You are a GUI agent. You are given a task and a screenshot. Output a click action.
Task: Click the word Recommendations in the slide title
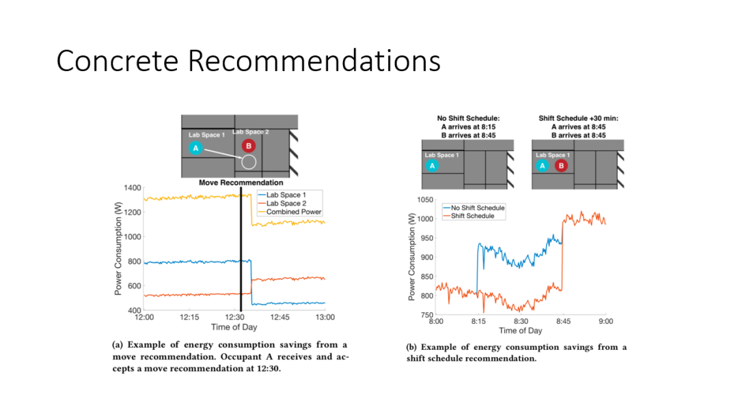[x=314, y=61]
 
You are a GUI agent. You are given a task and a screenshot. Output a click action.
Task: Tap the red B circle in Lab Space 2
[x=249, y=146]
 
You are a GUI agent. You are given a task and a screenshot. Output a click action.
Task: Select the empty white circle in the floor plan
[x=249, y=162]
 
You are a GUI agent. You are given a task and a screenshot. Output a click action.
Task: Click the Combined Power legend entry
[x=290, y=212]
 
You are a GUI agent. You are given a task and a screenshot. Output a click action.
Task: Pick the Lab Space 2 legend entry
[x=282, y=203]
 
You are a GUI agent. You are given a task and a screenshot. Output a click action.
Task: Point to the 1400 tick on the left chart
[x=133, y=188]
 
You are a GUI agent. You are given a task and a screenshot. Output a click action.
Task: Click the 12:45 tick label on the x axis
[x=279, y=317]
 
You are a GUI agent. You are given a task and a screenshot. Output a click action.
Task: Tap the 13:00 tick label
[x=325, y=317]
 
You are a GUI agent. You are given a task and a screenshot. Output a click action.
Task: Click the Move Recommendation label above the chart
[x=241, y=182]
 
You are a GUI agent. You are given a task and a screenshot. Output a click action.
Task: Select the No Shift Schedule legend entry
[x=474, y=208]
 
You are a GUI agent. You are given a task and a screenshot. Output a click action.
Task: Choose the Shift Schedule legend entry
[x=469, y=216]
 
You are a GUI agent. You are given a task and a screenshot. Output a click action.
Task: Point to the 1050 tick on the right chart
[x=425, y=199]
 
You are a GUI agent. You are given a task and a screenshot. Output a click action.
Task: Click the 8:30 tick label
[x=521, y=321]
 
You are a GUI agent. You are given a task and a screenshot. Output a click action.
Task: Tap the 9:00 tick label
[x=605, y=321]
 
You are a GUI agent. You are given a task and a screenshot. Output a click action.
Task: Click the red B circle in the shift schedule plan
[x=560, y=165]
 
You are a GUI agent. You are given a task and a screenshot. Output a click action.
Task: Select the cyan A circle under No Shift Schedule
[x=432, y=165]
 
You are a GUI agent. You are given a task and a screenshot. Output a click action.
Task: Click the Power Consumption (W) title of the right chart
[x=412, y=257]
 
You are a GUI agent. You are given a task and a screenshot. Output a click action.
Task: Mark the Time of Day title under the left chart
[x=234, y=327]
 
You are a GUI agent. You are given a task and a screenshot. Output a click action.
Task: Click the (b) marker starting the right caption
[x=411, y=347]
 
